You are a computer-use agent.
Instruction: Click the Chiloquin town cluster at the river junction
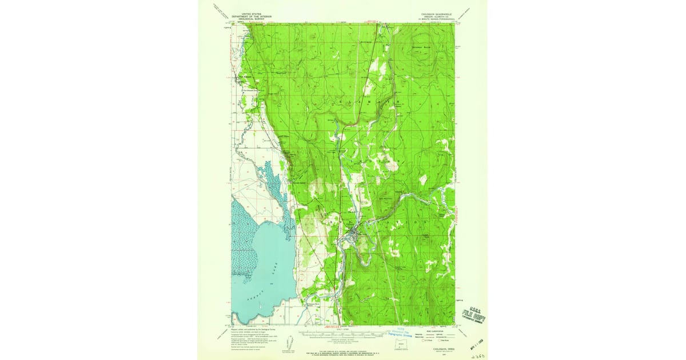pyautogui.click(x=352, y=232)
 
